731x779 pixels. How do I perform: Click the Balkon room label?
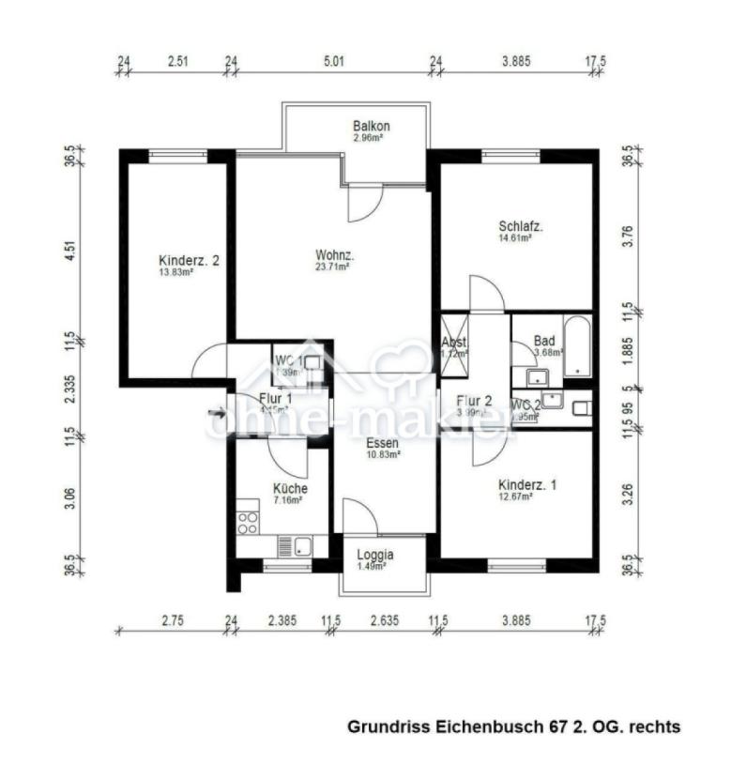coord(372,126)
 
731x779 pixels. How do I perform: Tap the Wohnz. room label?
coord(334,254)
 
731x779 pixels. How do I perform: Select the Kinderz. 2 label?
coord(189,260)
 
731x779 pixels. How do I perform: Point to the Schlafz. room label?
coord(522,226)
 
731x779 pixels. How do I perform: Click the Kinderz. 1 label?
coord(527,484)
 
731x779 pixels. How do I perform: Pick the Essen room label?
coord(383,443)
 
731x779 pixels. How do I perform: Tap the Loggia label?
coord(375,555)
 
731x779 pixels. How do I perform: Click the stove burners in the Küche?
coord(248,519)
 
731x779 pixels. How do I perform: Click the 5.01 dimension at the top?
coord(334,62)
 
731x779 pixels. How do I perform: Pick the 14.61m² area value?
coord(515,238)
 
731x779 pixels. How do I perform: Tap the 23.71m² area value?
coord(332,267)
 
